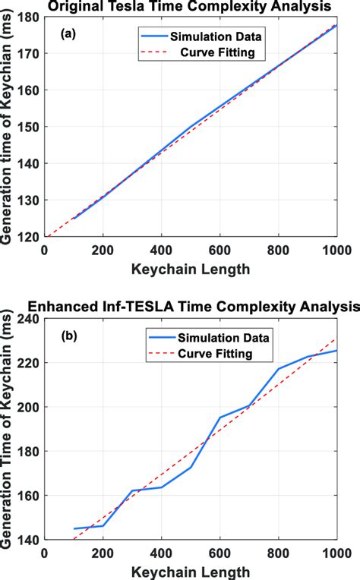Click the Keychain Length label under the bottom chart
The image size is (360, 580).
pos(191,571)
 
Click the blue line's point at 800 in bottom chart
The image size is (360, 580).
pos(279,369)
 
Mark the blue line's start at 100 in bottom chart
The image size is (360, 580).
pos(74,528)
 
